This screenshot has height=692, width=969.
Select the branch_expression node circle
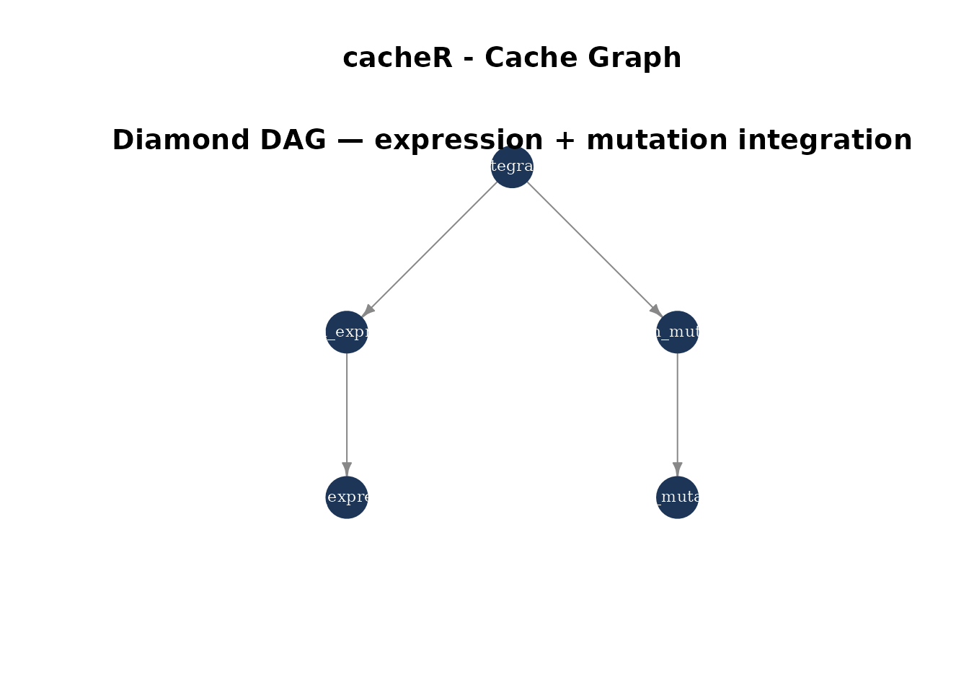point(347,342)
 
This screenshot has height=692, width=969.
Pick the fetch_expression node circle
point(347,508)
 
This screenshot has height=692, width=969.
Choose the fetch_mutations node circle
point(677,508)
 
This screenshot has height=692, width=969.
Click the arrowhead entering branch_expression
point(369,309)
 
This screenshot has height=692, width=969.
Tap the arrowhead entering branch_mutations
point(655,309)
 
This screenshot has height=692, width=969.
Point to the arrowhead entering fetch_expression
point(347,469)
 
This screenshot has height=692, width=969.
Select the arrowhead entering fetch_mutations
point(677,469)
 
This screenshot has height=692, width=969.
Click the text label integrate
point(511,166)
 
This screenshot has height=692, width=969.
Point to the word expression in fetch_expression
point(371,497)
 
